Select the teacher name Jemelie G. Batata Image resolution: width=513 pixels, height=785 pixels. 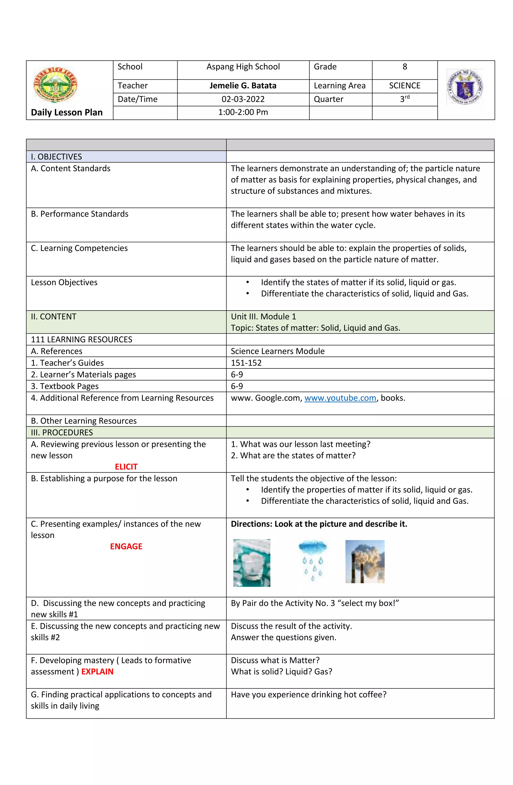tap(243, 86)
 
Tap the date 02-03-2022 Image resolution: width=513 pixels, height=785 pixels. tap(243, 99)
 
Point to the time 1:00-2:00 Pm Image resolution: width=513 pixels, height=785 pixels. tap(243, 112)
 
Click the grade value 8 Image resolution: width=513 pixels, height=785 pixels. tap(405, 67)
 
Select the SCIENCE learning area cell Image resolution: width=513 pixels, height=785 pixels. tap(405, 86)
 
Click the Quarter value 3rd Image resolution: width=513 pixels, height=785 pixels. tap(405, 99)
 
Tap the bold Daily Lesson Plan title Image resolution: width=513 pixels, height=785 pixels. tap(67, 113)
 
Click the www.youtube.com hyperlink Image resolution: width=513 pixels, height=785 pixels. tap(340, 398)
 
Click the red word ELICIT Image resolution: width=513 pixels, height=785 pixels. tap(126, 467)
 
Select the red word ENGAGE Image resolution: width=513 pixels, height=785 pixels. tap(126, 547)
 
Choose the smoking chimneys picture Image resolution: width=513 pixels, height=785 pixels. tap(365, 561)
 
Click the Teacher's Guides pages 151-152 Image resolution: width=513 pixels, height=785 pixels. tap(246, 363)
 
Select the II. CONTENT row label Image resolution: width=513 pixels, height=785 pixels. tap(54, 317)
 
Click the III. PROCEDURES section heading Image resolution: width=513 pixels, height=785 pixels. tap(62, 432)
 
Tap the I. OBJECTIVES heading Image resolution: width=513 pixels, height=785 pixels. tap(56, 157)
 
